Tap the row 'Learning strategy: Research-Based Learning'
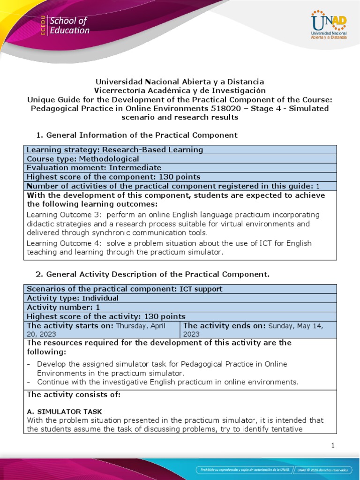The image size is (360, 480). tap(115, 150)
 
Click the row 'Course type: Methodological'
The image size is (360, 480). tap(83, 158)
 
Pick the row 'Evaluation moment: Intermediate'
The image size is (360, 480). tap(94, 168)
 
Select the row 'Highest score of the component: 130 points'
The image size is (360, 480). tap(113, 177)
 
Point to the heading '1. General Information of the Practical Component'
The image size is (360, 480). tap(136, 135)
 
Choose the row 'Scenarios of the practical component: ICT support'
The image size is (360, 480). tap(125, 289)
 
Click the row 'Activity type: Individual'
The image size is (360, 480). tap(73, 298)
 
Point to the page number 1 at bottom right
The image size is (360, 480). tap(333, 446)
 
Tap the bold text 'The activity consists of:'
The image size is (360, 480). tap(74, 395)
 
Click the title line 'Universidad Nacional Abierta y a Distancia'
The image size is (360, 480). tap(180, 82)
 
